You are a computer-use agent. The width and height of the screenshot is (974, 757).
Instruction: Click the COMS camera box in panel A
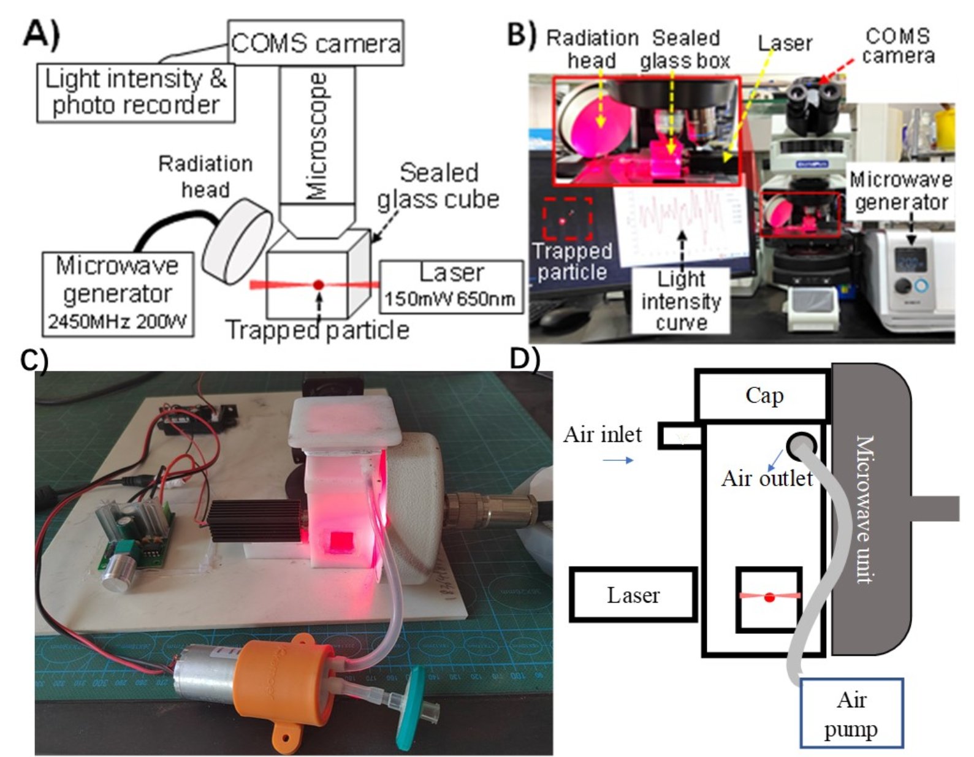click(x=315, y=43)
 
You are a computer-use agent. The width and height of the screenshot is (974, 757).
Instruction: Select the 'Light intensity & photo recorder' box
click(x=135, y=92)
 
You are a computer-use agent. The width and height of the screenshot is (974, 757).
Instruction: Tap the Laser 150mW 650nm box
click(x=451, y=286)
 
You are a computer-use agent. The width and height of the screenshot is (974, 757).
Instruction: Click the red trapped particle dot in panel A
click(x=318, y=284)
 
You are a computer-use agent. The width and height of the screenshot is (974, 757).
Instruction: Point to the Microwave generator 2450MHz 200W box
click(x=118, y=294)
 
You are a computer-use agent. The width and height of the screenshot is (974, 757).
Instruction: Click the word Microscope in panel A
click(x=318, y=136)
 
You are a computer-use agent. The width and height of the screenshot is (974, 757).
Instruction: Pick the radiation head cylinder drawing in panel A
click(x=238, y=240)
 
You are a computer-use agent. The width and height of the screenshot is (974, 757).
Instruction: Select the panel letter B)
click(x=522, y=35)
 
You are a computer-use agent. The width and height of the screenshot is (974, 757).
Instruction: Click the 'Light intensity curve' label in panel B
click(x=680, y=301)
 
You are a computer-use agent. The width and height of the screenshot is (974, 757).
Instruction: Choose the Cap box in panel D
click(x=763, y=396)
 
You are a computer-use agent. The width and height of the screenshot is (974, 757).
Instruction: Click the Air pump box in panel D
click(x=851, y=713)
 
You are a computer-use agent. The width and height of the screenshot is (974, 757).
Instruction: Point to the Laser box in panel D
click(x=633, y=595)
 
